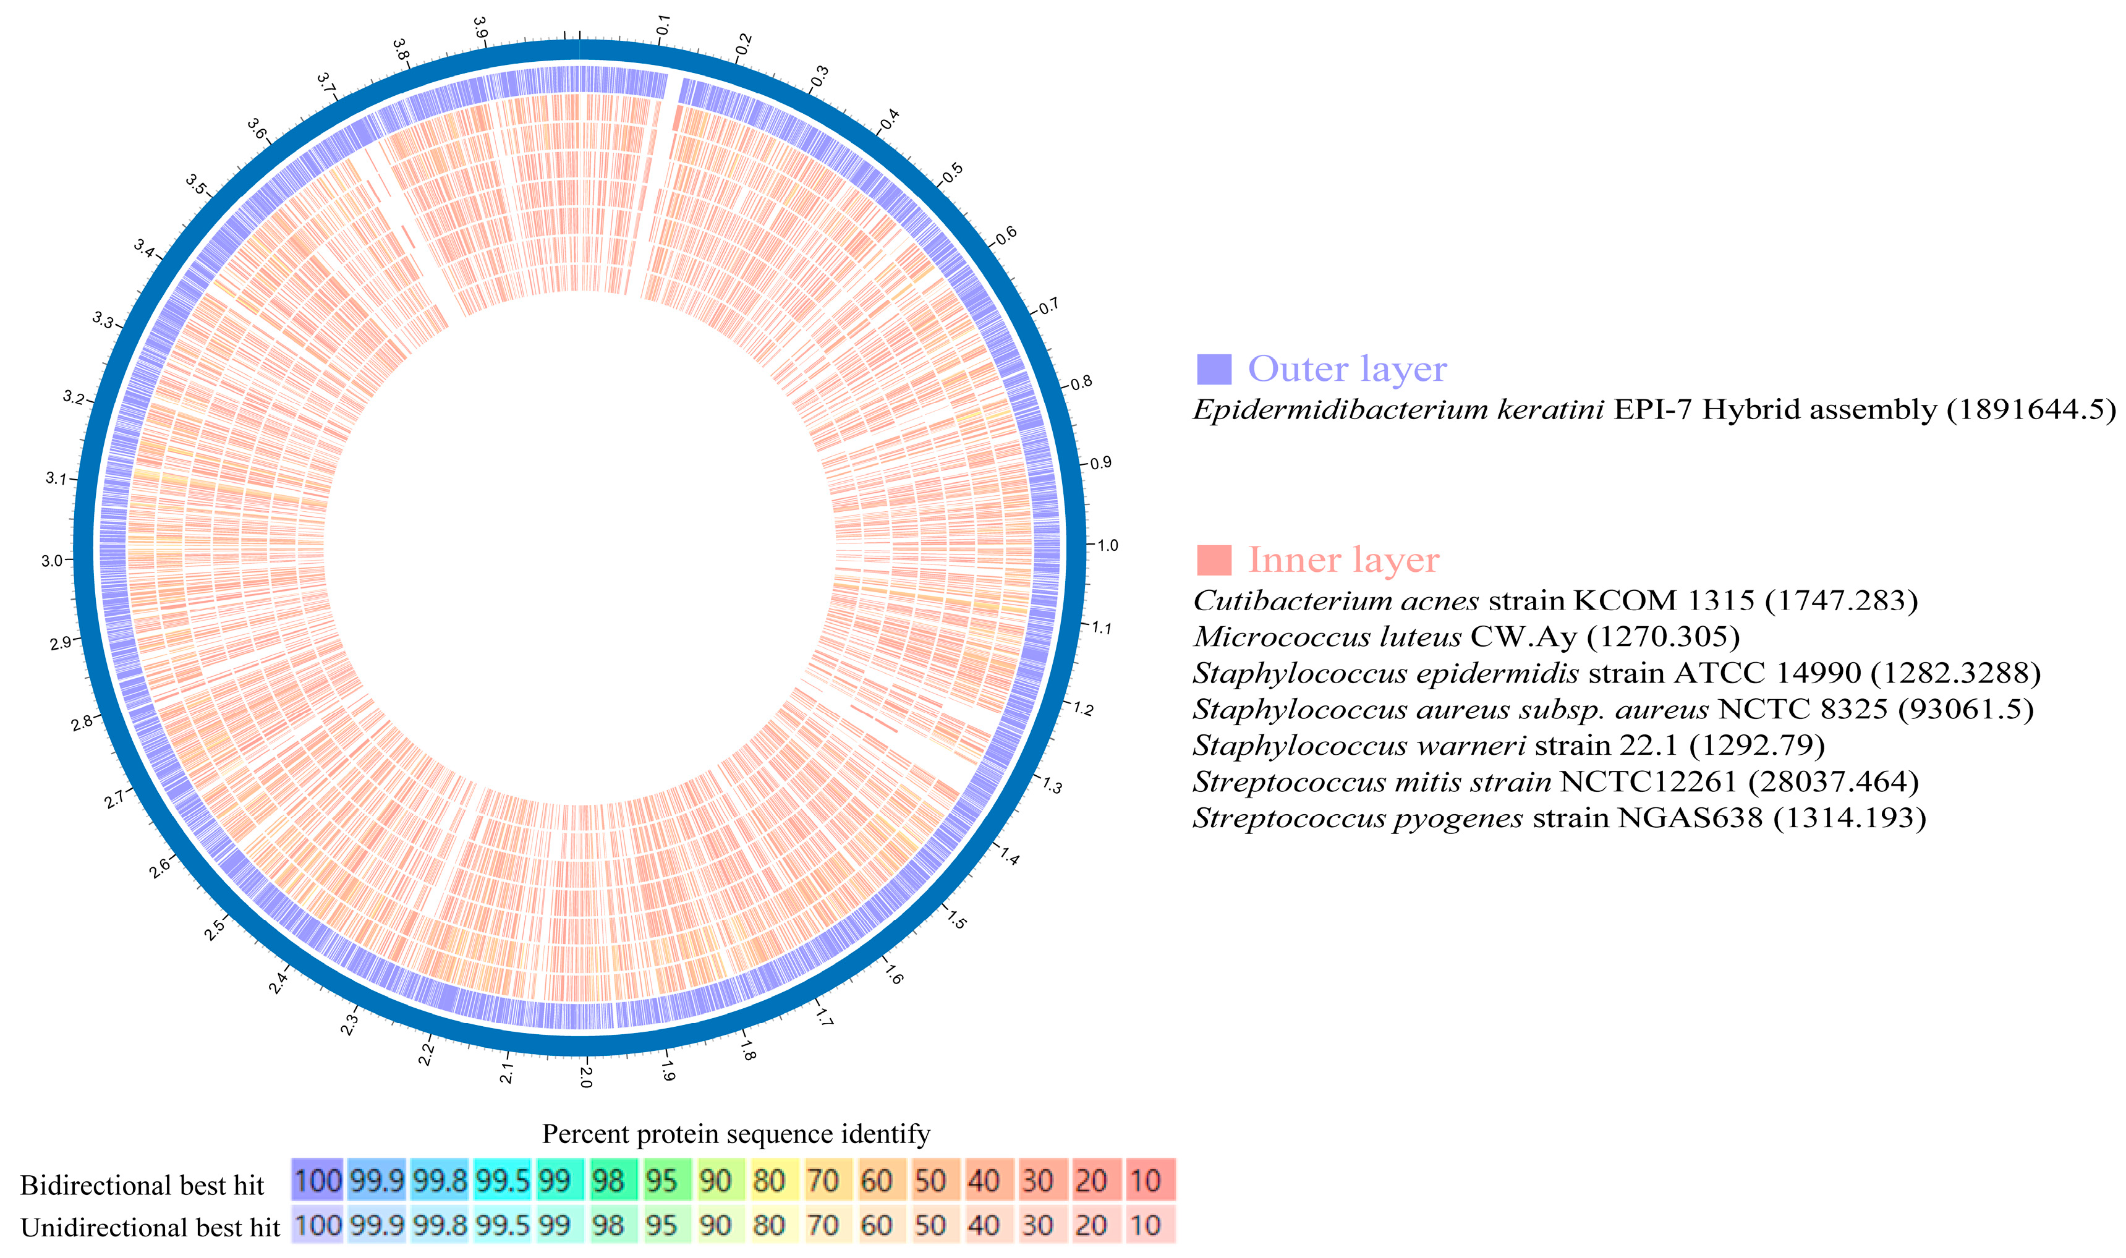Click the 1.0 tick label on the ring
[x=1107, y=545]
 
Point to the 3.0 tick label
[x=52, y=560]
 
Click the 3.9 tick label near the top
[x=480, y=28]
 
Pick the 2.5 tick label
[x=215, y=929]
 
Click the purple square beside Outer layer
[x=1213, y=370]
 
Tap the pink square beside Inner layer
[x=1213, y=560]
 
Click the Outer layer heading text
[x=1347, y=369]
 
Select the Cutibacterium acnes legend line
[x=1555, y=600]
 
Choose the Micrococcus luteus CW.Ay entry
[x=1466, y=637]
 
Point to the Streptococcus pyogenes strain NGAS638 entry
[x=1559, y=817]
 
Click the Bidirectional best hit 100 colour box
[x=317, y=1181]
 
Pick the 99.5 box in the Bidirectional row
[x=502, y=1181]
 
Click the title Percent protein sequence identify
[x=736, y=1133]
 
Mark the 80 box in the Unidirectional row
[x=769, y=1225]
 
